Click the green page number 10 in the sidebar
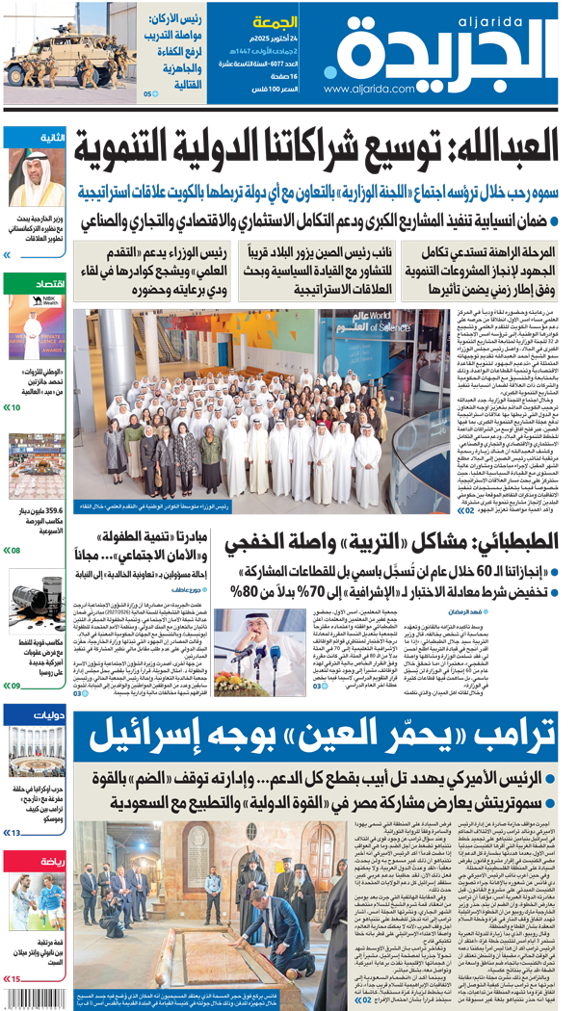click(15, 408)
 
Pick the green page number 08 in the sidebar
click(15, 551)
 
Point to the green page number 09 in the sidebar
click(15, 687)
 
